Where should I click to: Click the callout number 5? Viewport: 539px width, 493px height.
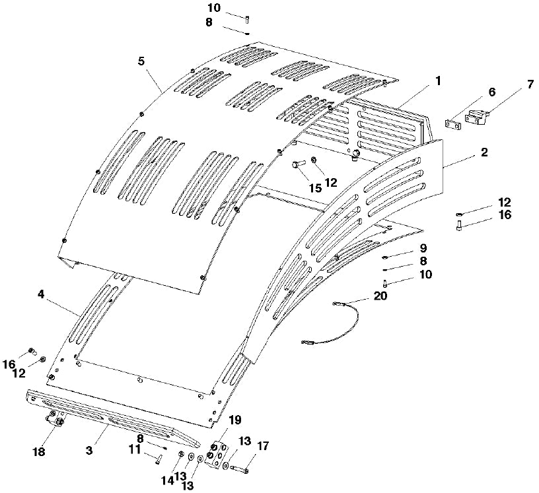coord(141,61)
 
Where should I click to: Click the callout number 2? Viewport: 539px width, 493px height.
coord(484,152)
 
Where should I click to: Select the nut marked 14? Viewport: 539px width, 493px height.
coord(181,454)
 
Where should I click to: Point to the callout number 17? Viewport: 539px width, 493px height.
coord(262,446)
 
